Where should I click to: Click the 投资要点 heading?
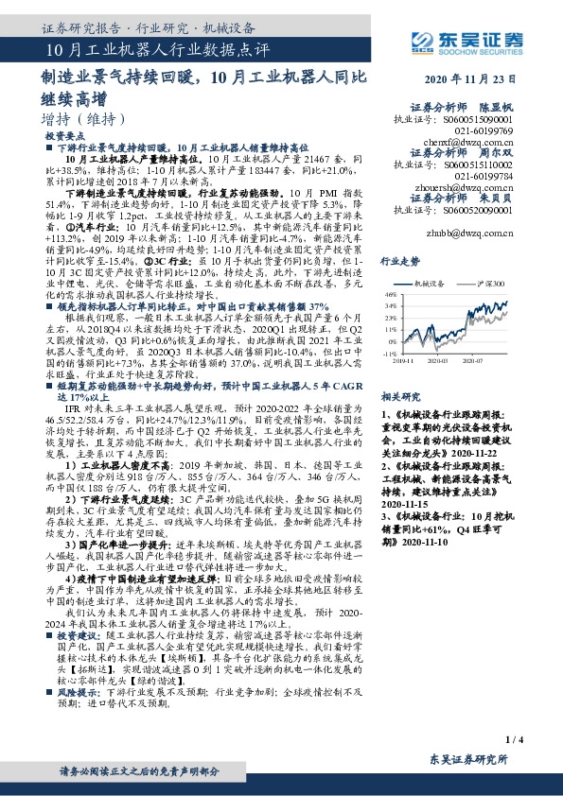click(65, 137)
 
